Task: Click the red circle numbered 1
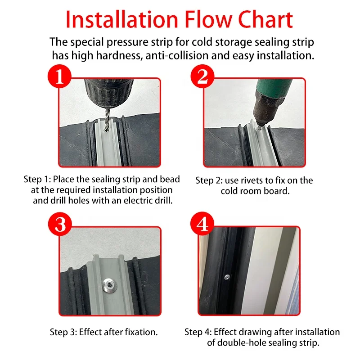click(x=59, y=76)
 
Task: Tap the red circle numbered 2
click(x=202, y=76)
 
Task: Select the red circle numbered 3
click(x=60, y=224)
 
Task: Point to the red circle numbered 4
click(x=202, y=223)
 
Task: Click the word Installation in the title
click(x=122, y=20)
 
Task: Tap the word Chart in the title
click(x=265, y=20)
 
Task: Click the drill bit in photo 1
click(x=107, y=120)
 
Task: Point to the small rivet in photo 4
click(x=227, y=278)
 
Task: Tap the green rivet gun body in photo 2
click(x=274, y=88)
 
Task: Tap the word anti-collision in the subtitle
click(x=177, y=55)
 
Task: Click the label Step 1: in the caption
click(x=37, y=180)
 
